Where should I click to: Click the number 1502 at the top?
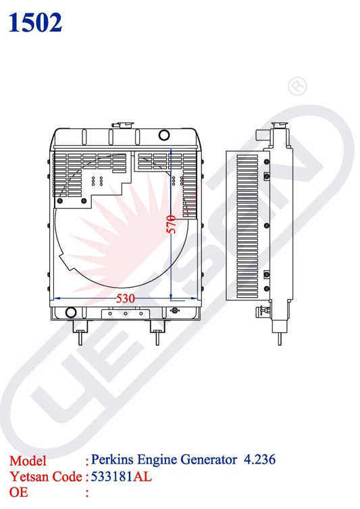[x=35, y=22]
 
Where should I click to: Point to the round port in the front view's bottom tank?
[x=69, y=312]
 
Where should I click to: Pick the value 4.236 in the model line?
[x=259, y=460]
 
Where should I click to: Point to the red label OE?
[x=19, y=493]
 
